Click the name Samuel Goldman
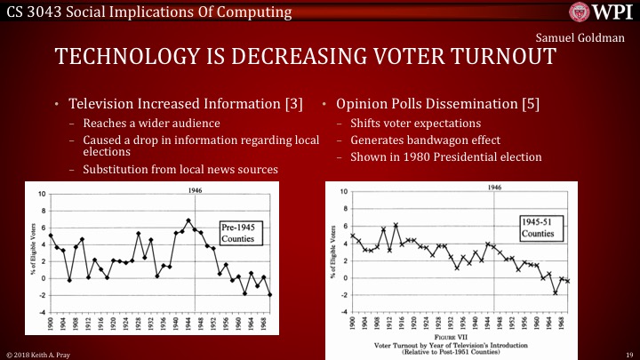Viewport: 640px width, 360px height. (584, 39)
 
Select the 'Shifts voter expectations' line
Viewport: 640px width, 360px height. (407, 124)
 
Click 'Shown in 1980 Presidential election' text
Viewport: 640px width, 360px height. (435, 157)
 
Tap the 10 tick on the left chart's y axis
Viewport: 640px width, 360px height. (39, 194)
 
